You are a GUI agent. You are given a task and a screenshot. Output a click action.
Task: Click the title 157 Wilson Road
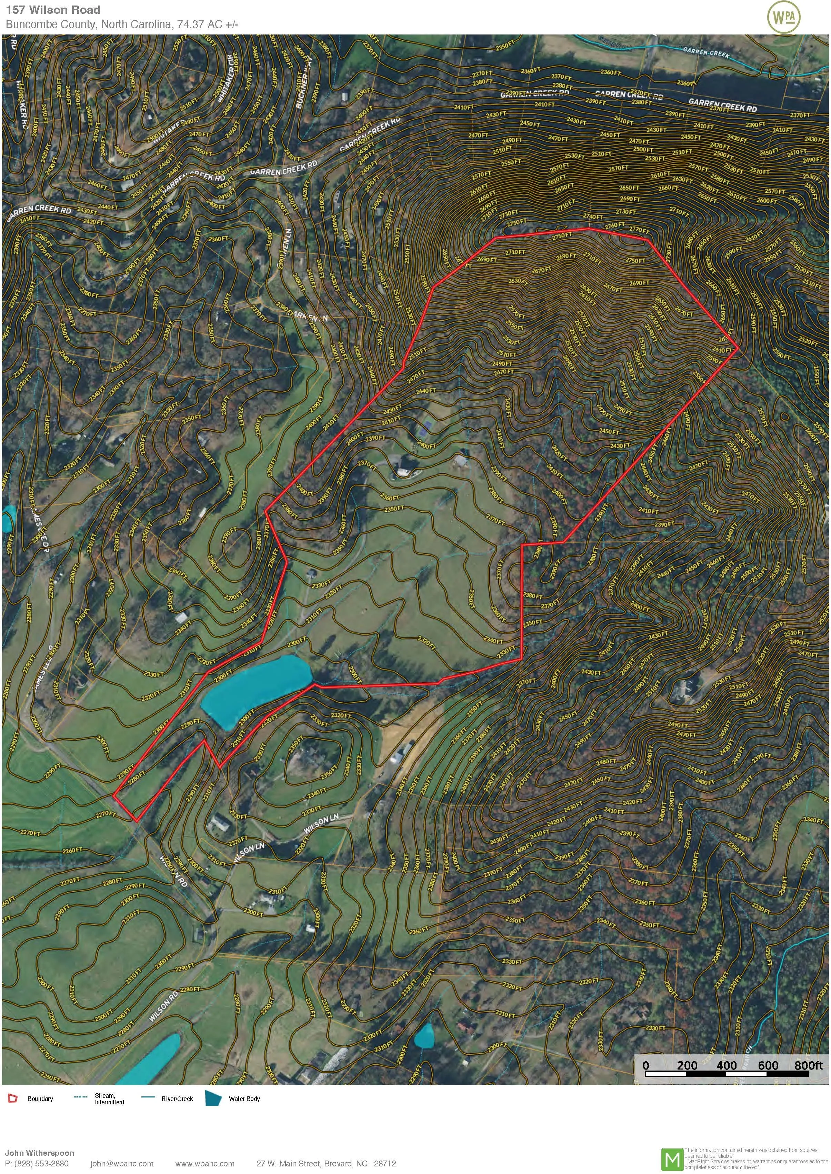[53, 10]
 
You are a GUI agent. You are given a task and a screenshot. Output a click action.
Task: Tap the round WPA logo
[783, 18]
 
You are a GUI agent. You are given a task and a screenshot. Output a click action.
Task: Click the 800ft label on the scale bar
[809, 1065]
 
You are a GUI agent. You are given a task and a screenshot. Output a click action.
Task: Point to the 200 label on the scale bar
[687, 1065]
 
